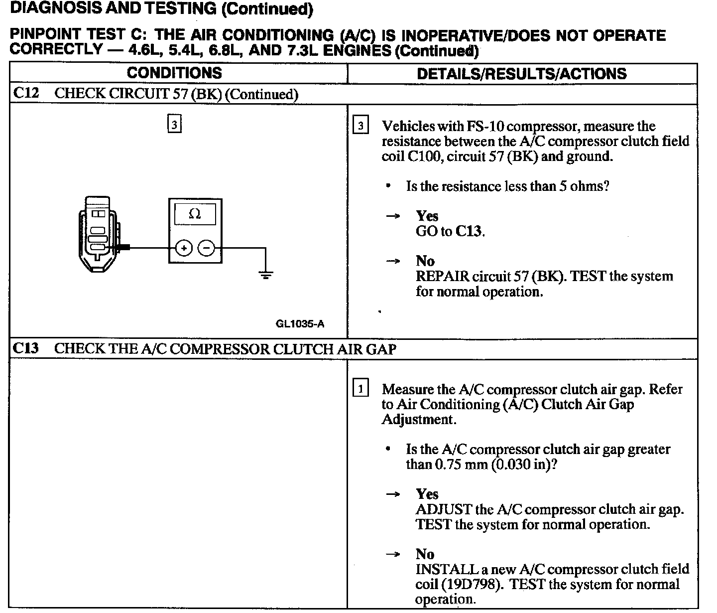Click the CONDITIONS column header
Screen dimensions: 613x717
coord(174,73)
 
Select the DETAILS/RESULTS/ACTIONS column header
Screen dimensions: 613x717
coord(521,74)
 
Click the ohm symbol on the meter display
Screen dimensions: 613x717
coord(195,214)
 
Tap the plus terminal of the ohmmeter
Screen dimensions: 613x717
coord(184,247)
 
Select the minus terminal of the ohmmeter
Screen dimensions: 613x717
coord(207,247)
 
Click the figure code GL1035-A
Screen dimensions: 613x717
coord(300,324)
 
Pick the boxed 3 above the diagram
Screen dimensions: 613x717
coord(174,124)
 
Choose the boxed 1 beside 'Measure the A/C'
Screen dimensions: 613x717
coord(360,388)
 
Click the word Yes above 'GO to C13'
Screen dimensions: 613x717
coord(427,216)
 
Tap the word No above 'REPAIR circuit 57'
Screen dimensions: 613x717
coord(425,261)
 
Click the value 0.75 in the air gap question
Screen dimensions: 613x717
coord(446,464)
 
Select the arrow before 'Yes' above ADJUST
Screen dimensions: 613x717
coord(393,494)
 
